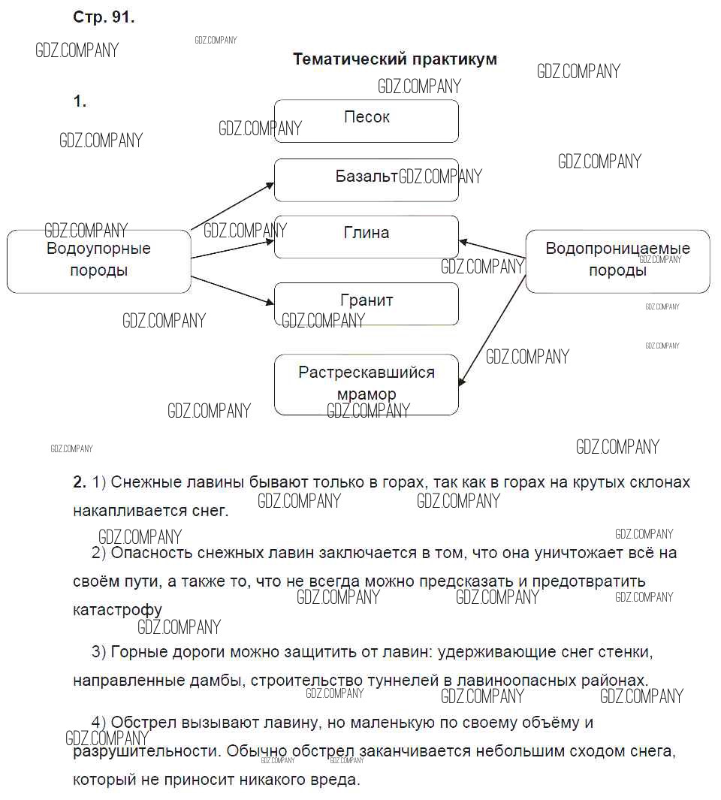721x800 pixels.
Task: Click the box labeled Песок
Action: pos(367,121)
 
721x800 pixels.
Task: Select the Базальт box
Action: pos(367,180)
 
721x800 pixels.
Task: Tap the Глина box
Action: pos(367,237)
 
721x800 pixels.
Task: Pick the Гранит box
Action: pos(367,304)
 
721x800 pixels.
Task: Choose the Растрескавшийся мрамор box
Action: pos(367,385)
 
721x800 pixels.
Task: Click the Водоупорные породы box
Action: pos(99,261)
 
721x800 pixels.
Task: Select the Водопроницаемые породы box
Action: pos(617,261)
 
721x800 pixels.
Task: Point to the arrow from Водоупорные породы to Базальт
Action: pos(233,206)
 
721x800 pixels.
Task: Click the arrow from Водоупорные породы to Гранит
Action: pos(233,291)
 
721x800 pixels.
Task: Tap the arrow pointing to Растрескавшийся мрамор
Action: pos(493,331)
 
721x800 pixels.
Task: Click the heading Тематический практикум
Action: pos(395,59)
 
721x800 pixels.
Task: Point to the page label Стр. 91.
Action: pos(104,17)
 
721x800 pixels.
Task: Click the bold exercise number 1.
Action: pos(80,101)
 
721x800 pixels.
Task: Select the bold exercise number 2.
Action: pos(80,482)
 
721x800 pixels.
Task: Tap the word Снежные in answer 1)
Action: pos(143,482)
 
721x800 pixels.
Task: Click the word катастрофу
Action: pos(117,610)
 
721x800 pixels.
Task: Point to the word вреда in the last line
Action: pos(336,780)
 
